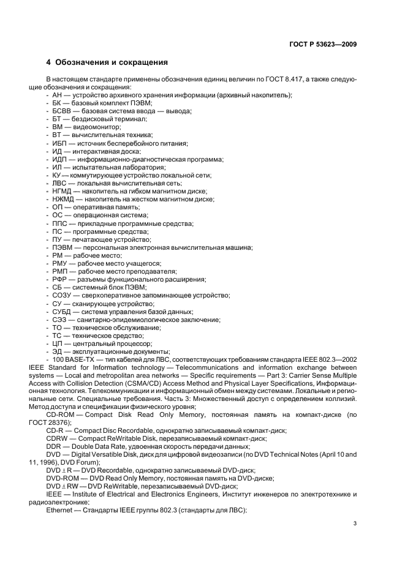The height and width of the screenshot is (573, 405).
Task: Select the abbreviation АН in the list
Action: point(58,95)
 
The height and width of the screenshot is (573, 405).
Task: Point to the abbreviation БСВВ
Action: point(62,111)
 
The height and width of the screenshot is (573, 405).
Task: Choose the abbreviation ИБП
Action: point(59,143)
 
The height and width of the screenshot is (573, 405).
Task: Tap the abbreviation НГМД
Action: point(62,191)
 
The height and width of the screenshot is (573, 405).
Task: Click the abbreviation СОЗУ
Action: point(62,295)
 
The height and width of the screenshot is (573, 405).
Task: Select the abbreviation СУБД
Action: point(62,311)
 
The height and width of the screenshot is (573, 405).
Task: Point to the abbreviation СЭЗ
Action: point(59,319)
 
